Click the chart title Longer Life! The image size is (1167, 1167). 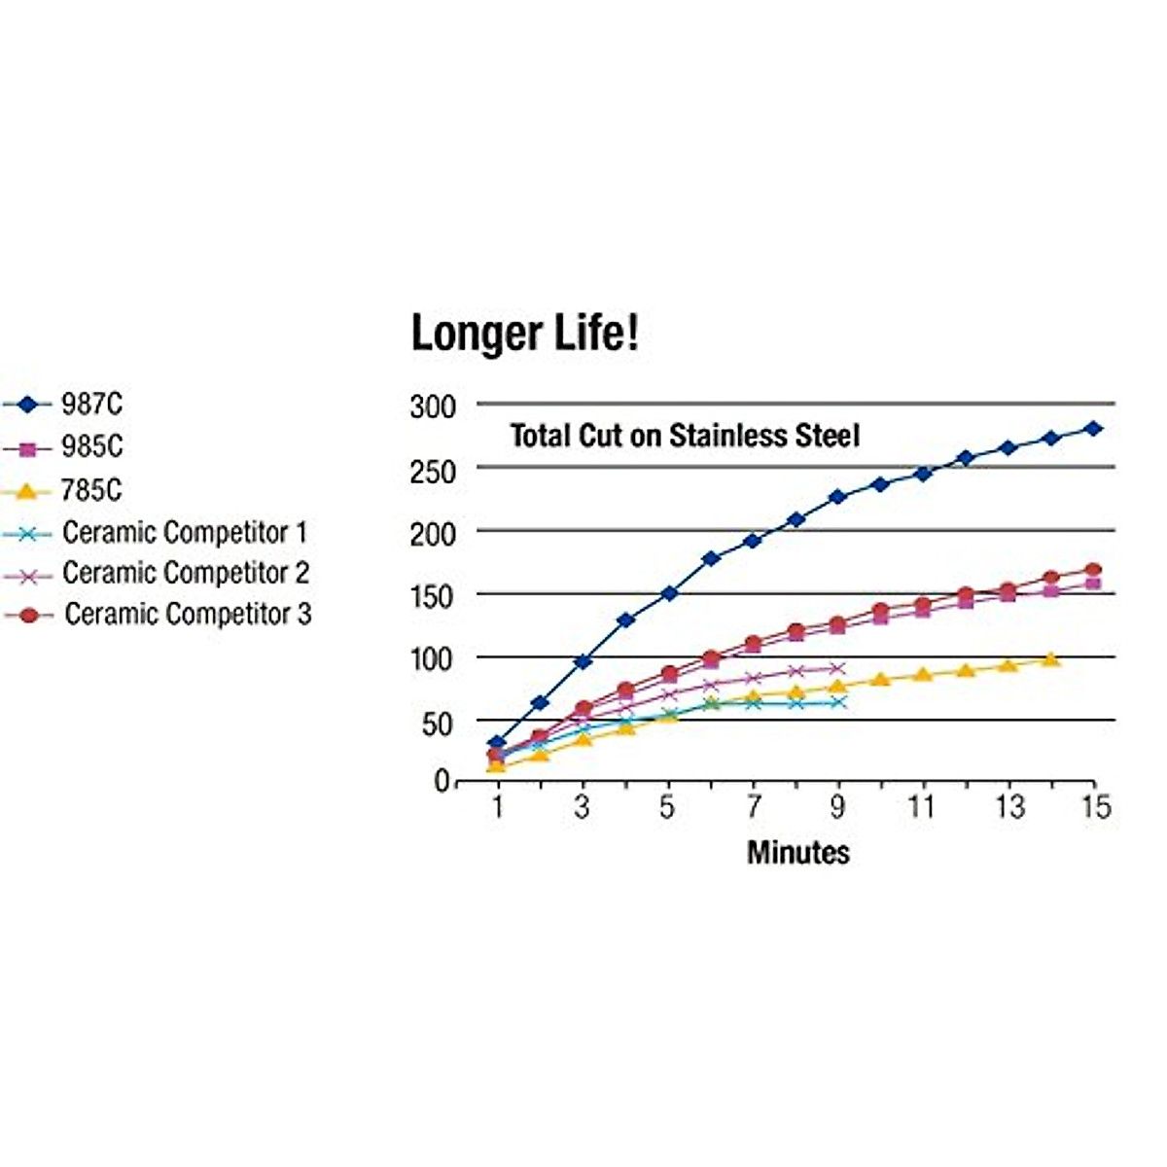point(525,334)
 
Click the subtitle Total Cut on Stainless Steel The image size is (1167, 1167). point(685,435)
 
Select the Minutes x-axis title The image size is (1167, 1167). point(797,852)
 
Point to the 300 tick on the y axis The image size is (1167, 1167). point(432,407)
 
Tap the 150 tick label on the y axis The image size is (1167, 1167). point(432,595)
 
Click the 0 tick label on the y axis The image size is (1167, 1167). point(442,781)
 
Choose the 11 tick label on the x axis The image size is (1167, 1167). point(921,807)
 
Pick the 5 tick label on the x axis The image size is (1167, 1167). point(667,807)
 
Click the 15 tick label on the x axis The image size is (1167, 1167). point(1095,807)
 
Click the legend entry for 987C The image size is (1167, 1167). point(91,404)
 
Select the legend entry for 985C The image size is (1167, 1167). point(91,446)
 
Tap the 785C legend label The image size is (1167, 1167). point(91,489)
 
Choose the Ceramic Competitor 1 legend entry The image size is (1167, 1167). point(184,532)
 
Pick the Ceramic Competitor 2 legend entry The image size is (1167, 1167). point(185,573)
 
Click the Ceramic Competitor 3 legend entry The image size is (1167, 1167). point(187,614)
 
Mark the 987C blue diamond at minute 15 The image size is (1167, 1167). point(1093,428)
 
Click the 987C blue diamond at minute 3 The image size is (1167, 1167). point(583,661)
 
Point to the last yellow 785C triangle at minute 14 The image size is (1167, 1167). point(1050,659)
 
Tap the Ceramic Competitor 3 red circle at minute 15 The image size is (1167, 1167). point(1093,570)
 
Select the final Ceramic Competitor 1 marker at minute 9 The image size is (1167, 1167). point(838,701)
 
